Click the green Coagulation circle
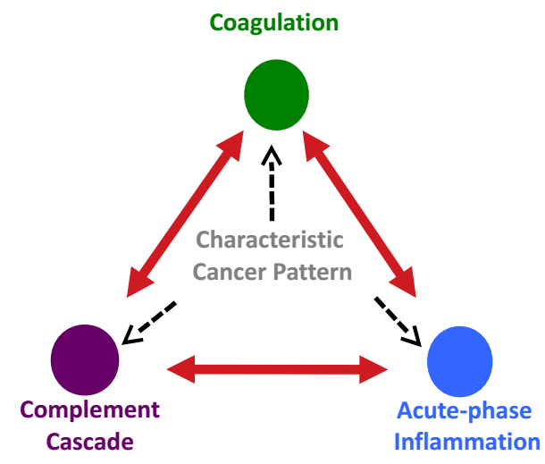tap(276, 95)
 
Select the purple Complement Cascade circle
tap(85, 360)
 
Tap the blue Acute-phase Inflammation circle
tap(459, 362)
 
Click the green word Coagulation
tap(274, 23)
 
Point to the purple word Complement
tap(90, 410)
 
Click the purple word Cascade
tap(90, 442)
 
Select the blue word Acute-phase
tap(464, 411)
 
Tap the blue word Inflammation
tap(467, 442)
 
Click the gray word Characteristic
tap(270, 240)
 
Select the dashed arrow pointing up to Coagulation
tap(272, 183)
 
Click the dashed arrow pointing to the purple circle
tap(149, 323)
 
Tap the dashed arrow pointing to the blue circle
tap(398, 322)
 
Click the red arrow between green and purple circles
tap(185, 214)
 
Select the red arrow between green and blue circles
tap(359, 214)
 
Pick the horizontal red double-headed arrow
tap(277, 369)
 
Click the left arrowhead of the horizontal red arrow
tap(180, 369)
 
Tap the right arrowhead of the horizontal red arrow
tap(373, 369)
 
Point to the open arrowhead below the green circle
tap(272, 155)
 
